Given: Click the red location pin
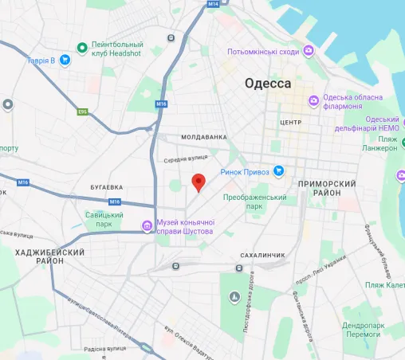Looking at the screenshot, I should tap(199, 182).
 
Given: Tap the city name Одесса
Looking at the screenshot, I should tap(266, 84).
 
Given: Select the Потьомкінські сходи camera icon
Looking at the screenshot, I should tap(309, 51).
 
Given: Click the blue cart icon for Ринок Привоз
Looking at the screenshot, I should tap(279, 170).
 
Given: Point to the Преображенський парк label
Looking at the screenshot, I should tap(255, 202).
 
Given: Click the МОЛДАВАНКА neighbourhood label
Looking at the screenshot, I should tap(204, 137).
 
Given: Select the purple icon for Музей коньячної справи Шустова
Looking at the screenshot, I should tap(147, 226).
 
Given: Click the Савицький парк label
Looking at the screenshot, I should tap(104, 220).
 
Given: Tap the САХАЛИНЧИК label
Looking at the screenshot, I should tap(262, 255).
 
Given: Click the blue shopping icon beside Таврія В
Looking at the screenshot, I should tap(62, 60).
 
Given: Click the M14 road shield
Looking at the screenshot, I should tap(212, 4).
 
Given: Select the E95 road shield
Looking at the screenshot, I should tap(81, 112).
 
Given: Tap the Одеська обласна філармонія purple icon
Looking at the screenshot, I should tap(315, 100).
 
